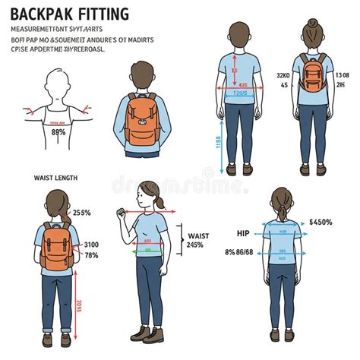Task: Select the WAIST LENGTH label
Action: coord(56,178)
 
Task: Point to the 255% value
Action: coord(81,213)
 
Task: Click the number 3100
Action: coord(92,244)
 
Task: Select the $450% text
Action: coord(321,223)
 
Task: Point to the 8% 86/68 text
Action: coord(240,251)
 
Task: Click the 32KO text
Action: coord(283,75)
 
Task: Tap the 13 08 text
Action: coord(342,75)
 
